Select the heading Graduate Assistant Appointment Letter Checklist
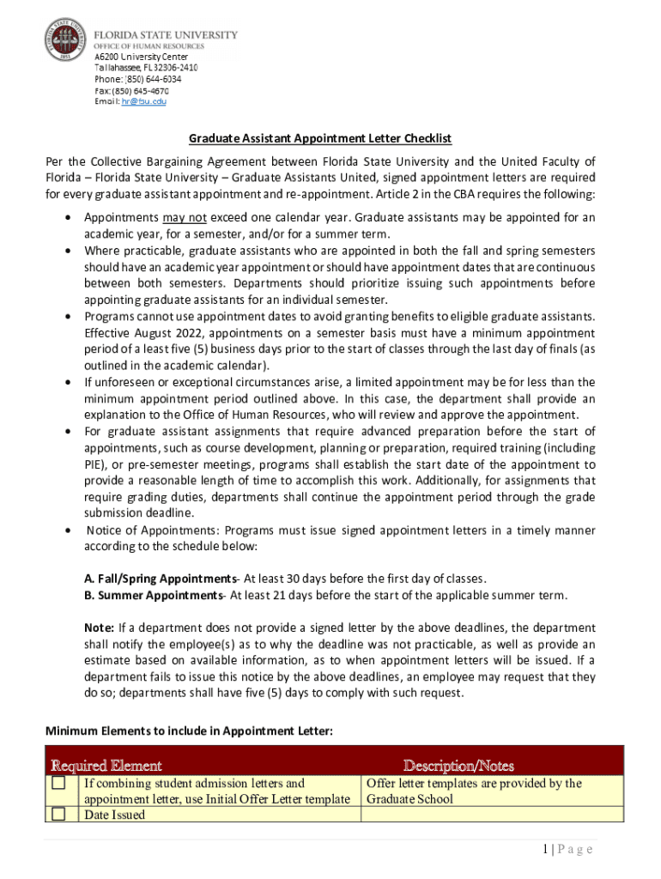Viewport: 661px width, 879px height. [320, 138]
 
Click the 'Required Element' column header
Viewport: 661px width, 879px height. [106, 765]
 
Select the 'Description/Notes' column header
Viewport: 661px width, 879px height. [458, 765]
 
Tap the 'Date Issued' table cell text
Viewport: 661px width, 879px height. [114, 815]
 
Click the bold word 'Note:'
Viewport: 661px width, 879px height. [99, 627]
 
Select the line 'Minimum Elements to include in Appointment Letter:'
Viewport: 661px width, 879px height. [188, 730]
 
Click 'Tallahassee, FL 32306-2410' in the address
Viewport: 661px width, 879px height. [146, 67]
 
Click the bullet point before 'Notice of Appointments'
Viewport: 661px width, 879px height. [68, 530]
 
